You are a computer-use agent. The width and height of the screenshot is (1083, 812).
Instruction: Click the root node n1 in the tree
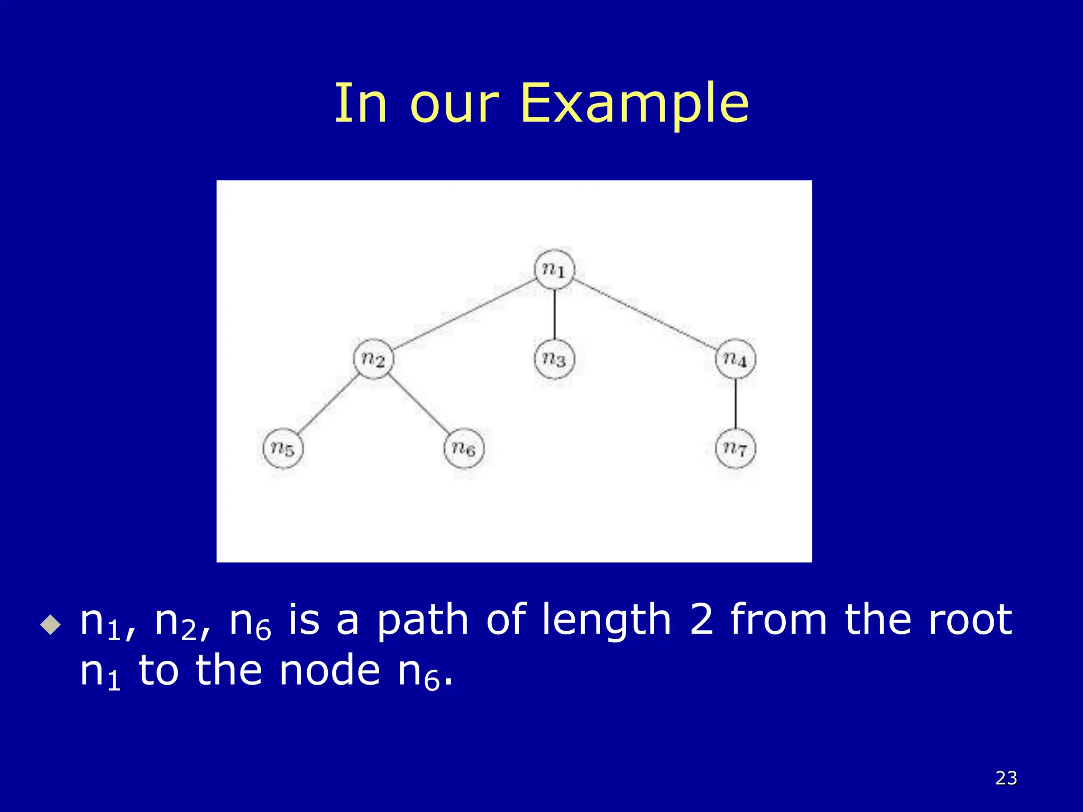554,270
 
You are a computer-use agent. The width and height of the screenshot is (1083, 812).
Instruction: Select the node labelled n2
373,359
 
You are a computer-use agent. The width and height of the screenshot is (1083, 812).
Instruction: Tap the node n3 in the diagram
554,359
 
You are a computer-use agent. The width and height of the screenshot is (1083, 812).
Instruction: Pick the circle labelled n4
736,359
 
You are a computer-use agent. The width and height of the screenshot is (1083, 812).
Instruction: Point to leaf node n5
283,448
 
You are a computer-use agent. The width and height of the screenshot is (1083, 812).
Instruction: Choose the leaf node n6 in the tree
464,448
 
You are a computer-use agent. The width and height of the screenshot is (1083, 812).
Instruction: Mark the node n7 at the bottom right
736,448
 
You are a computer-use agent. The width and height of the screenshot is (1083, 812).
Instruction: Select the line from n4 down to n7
736,404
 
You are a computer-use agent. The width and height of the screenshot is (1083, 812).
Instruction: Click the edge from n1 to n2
464,315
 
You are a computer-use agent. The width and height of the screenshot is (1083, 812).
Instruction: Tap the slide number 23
1006,778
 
